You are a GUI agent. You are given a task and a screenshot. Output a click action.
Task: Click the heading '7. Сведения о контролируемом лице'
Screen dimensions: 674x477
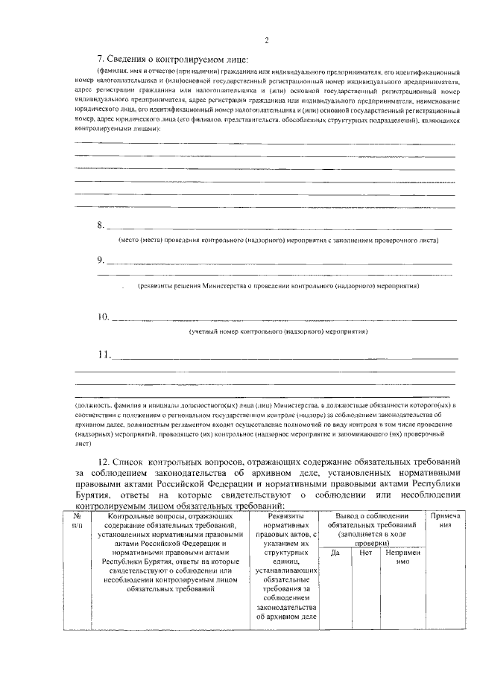172,60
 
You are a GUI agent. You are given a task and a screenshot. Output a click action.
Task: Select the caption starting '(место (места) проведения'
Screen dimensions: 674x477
278,241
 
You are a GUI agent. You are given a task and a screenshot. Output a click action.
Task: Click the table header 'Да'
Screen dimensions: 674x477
335,553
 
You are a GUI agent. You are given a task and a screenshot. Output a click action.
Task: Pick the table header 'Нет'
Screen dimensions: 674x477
365,553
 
